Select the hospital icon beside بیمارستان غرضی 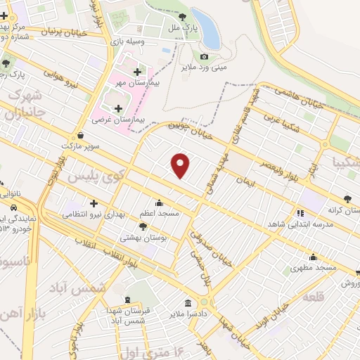click(117, 108)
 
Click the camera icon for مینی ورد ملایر click(205, 56)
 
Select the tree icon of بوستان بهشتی click(143, 226)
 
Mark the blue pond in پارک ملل click(205, 27)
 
